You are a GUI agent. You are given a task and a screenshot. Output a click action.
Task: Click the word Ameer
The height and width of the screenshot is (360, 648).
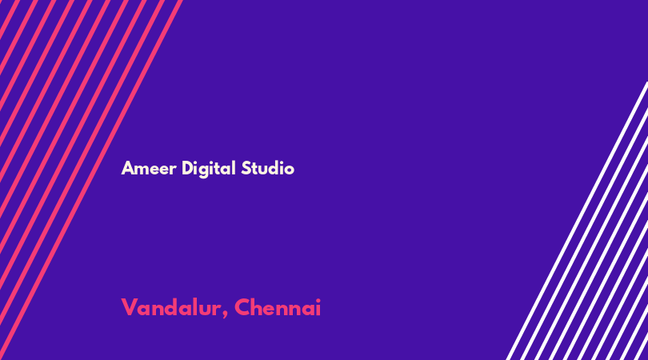click(149, 168)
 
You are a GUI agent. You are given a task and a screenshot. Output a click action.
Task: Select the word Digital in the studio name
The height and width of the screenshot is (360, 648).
click(209, 169)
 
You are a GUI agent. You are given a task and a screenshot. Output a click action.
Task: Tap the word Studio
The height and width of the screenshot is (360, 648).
click(268, 168)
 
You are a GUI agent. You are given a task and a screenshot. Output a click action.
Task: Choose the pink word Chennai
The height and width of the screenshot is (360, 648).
click(278, 307)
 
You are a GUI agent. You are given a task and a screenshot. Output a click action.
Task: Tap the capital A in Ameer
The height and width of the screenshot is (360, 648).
click(127, 168)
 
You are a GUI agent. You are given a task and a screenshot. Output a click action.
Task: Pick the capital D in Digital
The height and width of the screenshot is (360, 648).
click(188, 168)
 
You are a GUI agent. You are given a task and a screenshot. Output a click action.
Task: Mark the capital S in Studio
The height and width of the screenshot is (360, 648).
click(246, 168)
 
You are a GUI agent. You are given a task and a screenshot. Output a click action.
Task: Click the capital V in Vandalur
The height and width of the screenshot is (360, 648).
click(129, 307)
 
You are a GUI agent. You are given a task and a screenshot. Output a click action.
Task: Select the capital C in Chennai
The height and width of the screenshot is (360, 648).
click(242, 307)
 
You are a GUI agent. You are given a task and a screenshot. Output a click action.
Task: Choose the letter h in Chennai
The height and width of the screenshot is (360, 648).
click(259, 307)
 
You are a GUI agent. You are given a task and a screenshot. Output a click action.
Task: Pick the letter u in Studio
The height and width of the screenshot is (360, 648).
click(263, 170)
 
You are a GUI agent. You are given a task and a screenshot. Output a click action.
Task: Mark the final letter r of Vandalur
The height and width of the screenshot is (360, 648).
click(218, 310)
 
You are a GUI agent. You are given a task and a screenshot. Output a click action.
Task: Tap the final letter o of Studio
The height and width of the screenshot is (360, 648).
click(290, 170)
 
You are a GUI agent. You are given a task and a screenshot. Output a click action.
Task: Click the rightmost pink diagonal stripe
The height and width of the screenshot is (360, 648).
click(90, 180)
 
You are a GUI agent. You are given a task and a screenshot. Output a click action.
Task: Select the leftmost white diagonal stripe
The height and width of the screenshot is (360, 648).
click(577, 221)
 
